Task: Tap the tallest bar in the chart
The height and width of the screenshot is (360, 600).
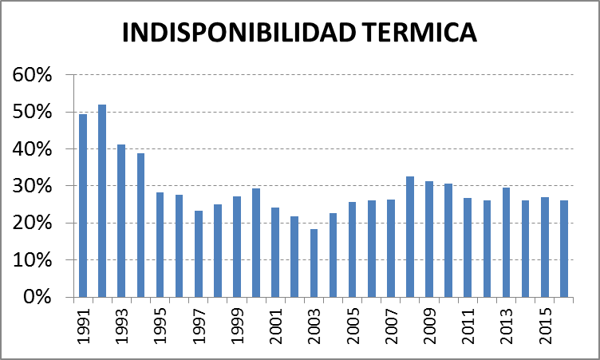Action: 102,200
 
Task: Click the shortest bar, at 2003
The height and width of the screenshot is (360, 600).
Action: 314,263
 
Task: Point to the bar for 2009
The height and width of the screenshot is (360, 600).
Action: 428,239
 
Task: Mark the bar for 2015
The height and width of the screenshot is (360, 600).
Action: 544,247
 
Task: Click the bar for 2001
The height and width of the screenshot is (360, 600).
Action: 275,251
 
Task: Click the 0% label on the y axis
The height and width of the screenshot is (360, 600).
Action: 37,297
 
